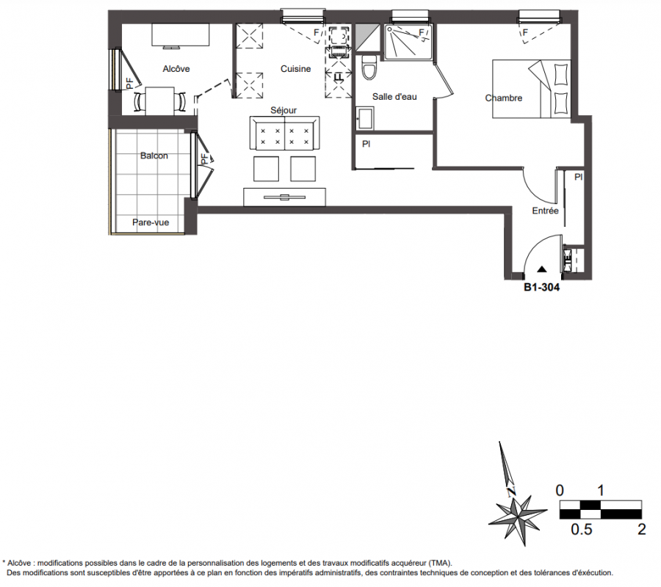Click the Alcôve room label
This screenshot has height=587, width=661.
pos(176,69)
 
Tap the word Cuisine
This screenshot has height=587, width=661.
pos(295,69)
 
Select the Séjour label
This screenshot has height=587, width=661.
pos(283,110)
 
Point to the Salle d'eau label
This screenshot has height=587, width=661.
pos(394,97)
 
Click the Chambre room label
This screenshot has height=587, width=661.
pos(504,98)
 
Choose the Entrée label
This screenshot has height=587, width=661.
pos(546,211)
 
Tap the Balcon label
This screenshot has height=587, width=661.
pos(154,156)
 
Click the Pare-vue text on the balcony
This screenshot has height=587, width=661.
pos(151,222)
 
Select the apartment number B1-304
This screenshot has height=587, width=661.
pos(542,287)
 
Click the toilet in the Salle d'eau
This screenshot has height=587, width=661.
pos(369,68)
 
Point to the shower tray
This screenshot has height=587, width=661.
pos(408,42)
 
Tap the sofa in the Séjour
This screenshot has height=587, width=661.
pos(284,133)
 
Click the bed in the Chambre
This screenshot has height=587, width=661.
pos(532,89)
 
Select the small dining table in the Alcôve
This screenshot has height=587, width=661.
pos(160,101)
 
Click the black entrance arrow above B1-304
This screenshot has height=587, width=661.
pos(542,269)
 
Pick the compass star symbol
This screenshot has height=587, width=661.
pos(517,516)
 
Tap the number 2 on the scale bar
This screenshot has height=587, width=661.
pos(642,529)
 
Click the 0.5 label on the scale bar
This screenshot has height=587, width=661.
pos(582,529)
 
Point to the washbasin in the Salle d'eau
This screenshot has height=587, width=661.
pos(364,119)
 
